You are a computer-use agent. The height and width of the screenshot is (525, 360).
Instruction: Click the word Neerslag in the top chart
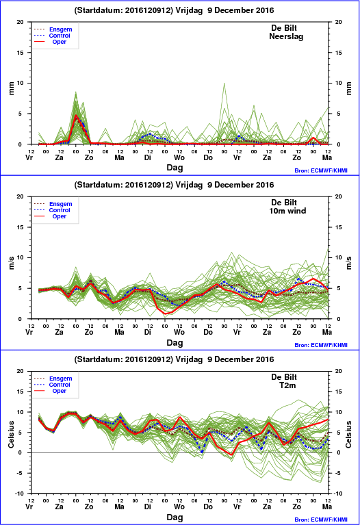click(286, 36)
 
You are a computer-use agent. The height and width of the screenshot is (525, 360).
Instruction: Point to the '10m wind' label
click(287, 211)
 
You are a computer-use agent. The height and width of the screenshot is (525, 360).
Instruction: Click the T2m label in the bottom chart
click(287, 385)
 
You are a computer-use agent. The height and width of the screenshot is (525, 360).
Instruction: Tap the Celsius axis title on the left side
click(11, 434)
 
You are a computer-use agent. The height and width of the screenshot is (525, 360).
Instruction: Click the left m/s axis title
click(11, 263)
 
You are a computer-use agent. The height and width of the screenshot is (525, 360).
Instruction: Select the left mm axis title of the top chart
click(11, 88)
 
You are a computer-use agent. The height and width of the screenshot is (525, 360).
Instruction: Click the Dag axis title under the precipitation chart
click(175, 168)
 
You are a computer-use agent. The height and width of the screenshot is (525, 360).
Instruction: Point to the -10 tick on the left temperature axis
click(20, 494)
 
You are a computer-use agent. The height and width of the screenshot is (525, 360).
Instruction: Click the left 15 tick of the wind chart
click(21, 227)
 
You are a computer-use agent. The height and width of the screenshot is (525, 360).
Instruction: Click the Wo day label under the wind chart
click(179, 332)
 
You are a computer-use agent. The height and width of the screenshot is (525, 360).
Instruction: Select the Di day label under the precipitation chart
click(147, 157)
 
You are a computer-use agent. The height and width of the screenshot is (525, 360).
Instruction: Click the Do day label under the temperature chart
click(208, 507)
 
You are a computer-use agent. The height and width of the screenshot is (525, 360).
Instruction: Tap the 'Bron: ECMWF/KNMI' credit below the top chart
click(321, 170)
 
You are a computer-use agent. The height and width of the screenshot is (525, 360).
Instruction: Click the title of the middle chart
click(174, 185)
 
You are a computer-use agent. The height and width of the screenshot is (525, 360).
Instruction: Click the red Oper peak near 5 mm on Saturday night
click(76, 116)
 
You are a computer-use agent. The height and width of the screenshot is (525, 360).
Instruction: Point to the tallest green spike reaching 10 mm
click(224, 84)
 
